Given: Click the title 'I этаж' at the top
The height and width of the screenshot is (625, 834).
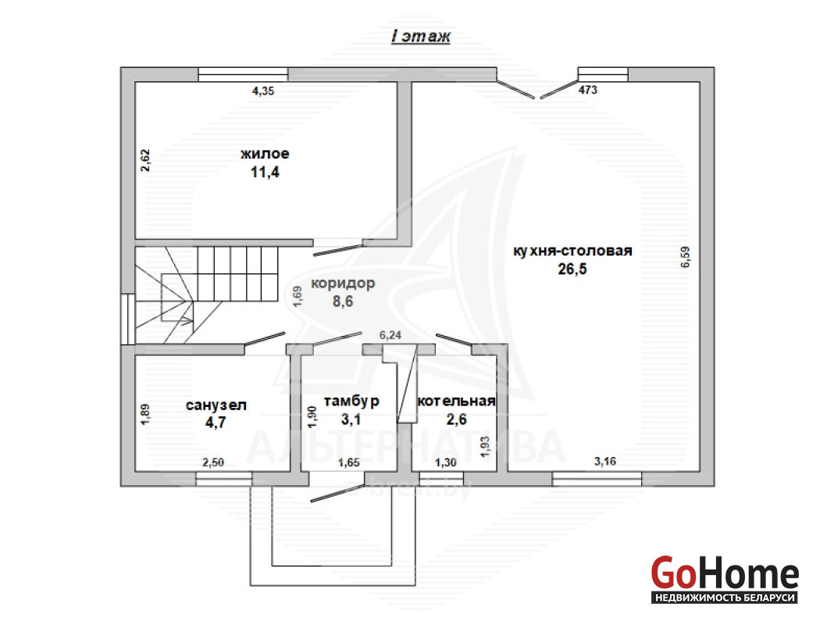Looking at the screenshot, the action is click(420, 36).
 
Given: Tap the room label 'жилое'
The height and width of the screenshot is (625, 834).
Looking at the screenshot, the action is click(265, 154).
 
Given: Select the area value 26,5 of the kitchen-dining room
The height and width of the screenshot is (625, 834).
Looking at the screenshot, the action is click(572, 270).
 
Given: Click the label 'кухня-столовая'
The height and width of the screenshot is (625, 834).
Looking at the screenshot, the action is click(572, 251).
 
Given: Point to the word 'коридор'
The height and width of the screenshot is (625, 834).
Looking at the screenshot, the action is click(343, 284).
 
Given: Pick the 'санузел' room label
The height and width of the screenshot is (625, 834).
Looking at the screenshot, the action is click(216, 405).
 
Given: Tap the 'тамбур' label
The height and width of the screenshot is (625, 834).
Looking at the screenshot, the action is click(351, 401).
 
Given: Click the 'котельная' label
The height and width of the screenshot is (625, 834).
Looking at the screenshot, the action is click(456, 401).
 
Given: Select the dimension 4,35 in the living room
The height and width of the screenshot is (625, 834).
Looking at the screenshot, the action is click(263, 91).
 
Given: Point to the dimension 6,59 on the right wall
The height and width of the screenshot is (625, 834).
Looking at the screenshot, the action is click(685, 256).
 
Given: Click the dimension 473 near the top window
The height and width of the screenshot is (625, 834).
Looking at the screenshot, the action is click(588, 90).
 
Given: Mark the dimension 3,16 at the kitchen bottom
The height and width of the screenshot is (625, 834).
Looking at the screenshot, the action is click(605, 461).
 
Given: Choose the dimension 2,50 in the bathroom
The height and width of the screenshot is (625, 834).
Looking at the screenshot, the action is click(213, 462).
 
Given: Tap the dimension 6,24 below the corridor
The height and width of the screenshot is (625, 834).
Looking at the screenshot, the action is click(390, 335).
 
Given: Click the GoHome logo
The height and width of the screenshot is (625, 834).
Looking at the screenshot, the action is click(725, 580).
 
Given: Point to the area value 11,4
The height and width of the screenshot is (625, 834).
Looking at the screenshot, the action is click(265, 173).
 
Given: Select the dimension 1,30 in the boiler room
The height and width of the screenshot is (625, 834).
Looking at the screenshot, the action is click(446, 462).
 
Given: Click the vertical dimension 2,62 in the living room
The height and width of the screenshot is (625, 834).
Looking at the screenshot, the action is click(145, 160).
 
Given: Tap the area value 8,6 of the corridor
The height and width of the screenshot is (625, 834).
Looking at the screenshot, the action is click(343, 302).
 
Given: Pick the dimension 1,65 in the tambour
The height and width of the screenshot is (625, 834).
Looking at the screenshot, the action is click(349, 462).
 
